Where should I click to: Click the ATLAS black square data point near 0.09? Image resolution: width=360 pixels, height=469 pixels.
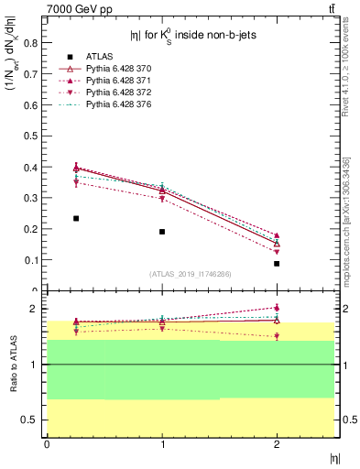[277, 264]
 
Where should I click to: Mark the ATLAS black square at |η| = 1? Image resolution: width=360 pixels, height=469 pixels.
[162, 232]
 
